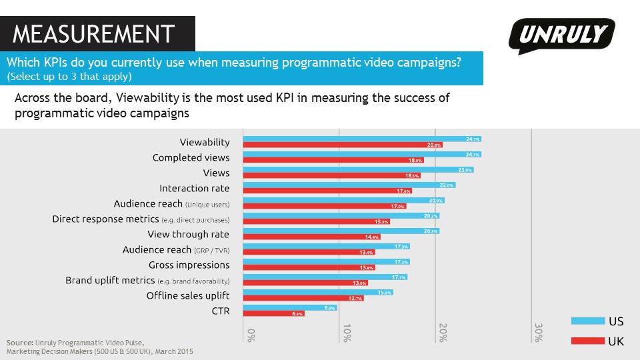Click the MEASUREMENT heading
pyautogui.click(x=93, y=33)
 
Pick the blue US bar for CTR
pyautogui.click(x=290, y=307)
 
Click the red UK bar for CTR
pyautogui.click(x=273, y=313)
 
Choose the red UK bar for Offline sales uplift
pyautogui.click(x=303, y=298)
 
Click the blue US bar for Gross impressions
pyautogui.click(x=326, y=262)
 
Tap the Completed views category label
pyautogui.click(x=191, y=158)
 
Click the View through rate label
pyautogui.click(x=188, y=235)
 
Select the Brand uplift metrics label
pyautogui.click(x=147, y=281)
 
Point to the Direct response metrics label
pyautogui.click(x=141, y=219)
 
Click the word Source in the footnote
pyautogui.click(x=20, y=343)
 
